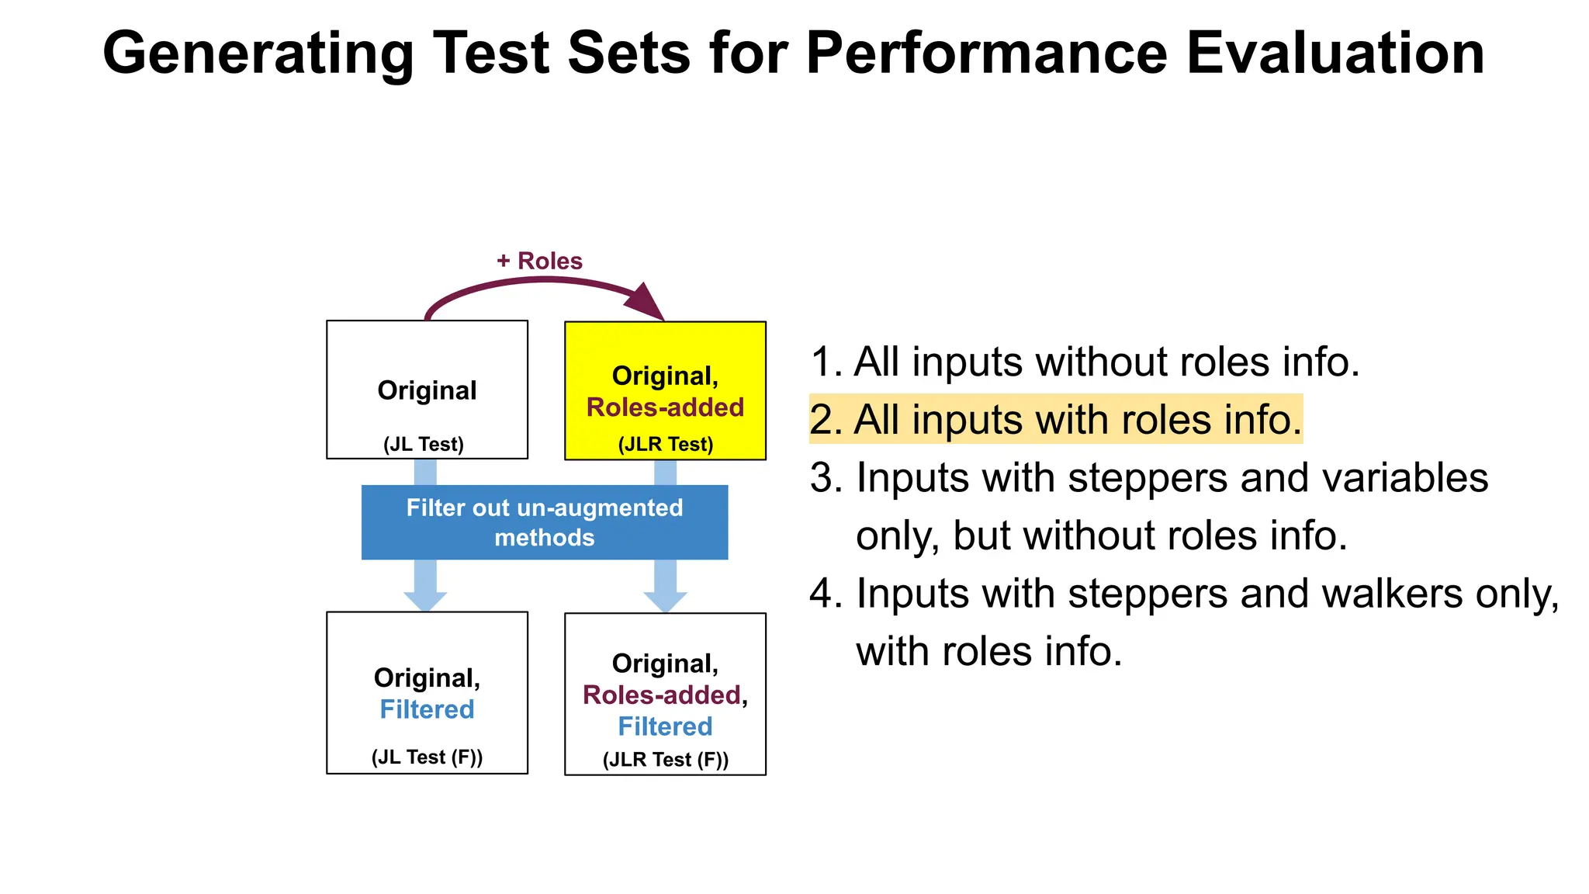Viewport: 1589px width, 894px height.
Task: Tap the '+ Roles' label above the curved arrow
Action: click(539, 261)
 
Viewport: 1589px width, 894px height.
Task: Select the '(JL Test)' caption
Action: click(424, 444)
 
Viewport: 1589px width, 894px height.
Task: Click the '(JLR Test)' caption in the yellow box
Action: click(666, 444)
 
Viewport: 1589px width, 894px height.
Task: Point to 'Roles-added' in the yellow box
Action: click(665, 407)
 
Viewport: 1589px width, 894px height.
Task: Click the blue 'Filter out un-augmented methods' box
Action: click(545, 522)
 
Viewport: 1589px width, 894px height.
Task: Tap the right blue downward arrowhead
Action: click(665, 601)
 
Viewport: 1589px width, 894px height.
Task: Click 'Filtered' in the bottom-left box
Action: click(427, 709)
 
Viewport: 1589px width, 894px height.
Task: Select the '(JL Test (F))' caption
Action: click(427, 757)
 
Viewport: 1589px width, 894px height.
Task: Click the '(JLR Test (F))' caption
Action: click(666, 759)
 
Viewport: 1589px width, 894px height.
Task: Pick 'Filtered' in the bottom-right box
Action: click(665, 726)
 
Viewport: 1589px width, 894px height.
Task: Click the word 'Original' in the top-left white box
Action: click(427, 390)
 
